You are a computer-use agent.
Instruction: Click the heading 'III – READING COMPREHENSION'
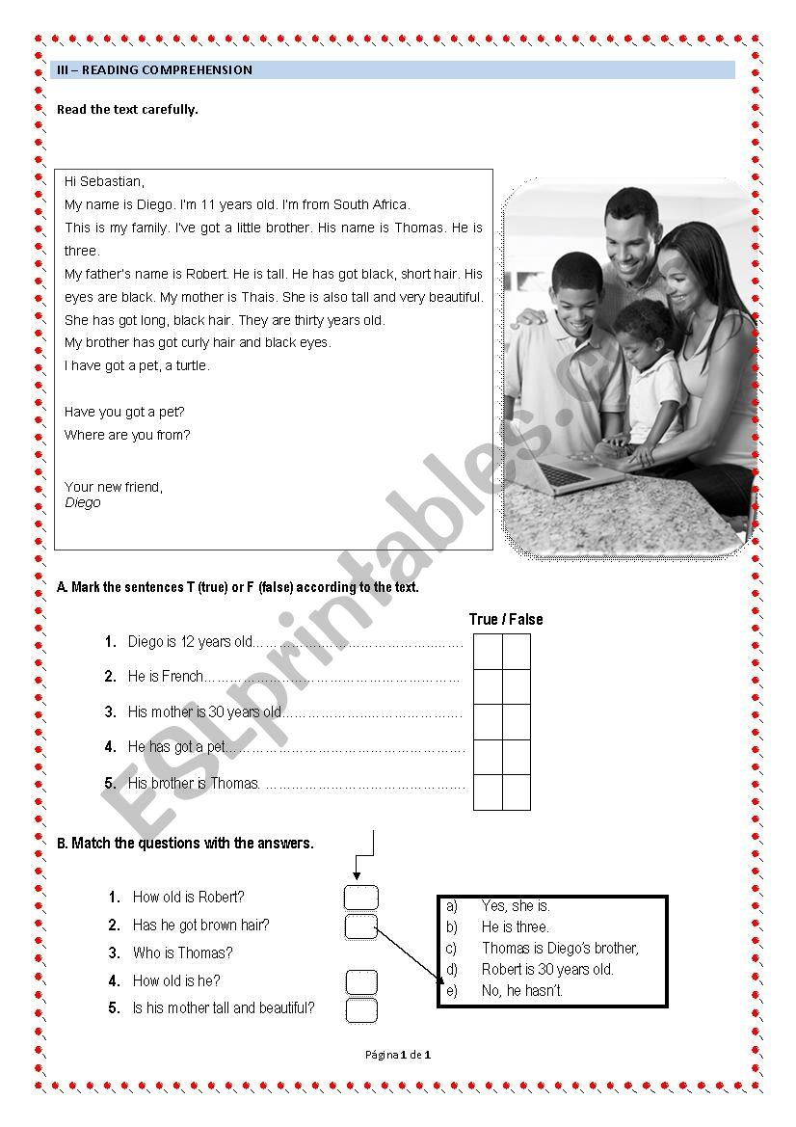tap(155, 70)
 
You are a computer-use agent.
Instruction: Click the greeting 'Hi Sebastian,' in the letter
tap(104, 181)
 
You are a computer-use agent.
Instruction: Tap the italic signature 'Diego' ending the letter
tap(83, 502)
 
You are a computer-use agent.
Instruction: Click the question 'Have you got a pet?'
tap(124, 412)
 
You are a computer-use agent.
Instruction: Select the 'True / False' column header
tap(506, 619)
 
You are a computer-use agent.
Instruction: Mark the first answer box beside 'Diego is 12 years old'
tap(488, 651)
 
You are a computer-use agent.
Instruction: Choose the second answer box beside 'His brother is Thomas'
tap(517, 792)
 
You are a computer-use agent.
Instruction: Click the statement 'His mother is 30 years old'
tap(204, 712)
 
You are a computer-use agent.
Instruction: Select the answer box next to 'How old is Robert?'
tap(361, 898)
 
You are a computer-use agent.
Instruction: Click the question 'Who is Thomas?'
tap(183, 953)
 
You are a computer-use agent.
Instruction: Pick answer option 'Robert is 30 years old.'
tap(547, 969)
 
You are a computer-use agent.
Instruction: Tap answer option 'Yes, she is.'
tap(516, 905)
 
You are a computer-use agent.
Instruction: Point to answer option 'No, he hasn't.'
tap(522, 990)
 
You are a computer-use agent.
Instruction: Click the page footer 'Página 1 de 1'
tap(398, 1055)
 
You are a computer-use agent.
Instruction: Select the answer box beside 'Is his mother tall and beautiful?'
tap(361, 1010)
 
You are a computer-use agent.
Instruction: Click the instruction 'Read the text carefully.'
tap(127, 110)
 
